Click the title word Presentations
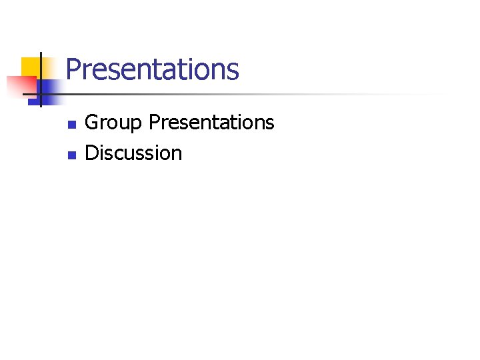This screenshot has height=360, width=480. click(x=153, y=69)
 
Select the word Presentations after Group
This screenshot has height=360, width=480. click(x=211, y=123)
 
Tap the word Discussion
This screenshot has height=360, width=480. click(x=133, y=153)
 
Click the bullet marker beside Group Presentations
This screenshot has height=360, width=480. click(x=72, y=124)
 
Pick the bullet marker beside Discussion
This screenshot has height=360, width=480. click(x=72, y=155)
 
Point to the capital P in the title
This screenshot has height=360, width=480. click(x=73, y=69)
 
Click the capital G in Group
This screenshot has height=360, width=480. click(x=92, y=123)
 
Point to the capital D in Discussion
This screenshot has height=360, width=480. click(x=92, y=153)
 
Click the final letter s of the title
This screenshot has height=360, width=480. click(x=233, y=71)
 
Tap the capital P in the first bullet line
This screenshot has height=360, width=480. click(x=154, y=123)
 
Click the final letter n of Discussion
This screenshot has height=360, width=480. click(x=177, y=155)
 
